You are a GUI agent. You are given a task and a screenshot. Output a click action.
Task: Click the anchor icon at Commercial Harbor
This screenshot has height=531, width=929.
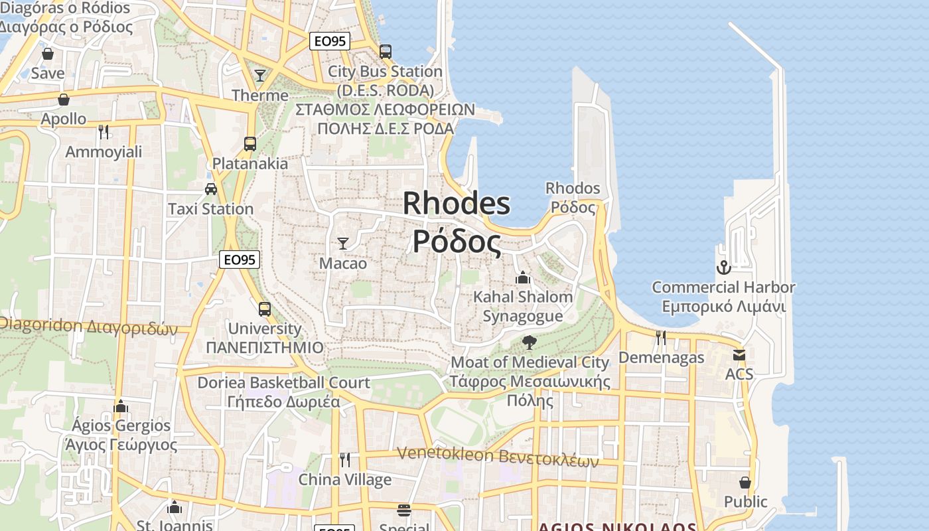pos(723,267)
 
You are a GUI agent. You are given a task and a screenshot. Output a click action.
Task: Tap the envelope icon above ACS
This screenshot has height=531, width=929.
pos(739,355)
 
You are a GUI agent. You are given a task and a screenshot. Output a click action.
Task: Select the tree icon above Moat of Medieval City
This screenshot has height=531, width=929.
pos(529,342)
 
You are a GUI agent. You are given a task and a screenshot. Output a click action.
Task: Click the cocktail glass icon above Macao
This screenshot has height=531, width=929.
pos(343,244)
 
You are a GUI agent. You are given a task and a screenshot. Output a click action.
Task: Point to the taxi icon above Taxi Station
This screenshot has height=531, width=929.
pos(211,189)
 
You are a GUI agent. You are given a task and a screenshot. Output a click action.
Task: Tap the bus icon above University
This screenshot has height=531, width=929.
pos(264,309)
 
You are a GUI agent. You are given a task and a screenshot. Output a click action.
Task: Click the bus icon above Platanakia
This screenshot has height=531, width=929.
pos(250,144)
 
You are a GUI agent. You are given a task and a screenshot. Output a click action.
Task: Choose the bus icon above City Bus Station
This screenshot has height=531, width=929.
pos(386,51)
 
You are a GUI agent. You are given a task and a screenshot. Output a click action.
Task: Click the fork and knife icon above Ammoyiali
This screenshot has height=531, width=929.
pos(104,132)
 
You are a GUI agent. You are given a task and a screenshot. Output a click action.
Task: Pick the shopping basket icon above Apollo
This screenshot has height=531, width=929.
pos(64,100)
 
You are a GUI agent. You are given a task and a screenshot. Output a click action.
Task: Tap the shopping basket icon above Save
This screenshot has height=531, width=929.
pos(48,54)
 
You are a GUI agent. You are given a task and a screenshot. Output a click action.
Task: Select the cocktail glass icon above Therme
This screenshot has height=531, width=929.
pos(260,76)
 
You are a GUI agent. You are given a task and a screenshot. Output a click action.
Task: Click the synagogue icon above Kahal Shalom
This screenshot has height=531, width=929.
pos(523,277)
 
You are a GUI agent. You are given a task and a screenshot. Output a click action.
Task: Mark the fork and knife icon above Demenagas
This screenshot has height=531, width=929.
pos(661,338)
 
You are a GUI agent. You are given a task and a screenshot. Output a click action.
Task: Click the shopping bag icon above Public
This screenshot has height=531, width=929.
pos(745,482)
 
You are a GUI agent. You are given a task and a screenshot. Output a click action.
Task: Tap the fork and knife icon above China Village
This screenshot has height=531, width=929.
pos(345,460)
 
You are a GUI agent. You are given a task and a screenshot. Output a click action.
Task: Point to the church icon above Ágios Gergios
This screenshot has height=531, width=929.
pos(121,406)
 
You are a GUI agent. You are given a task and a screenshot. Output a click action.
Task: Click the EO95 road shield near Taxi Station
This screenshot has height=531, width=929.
pos(240,260)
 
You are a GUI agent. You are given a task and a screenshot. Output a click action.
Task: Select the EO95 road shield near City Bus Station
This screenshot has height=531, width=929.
pos(330,41)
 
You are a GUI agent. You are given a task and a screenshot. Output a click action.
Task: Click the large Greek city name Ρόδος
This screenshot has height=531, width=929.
pos(457,242)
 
